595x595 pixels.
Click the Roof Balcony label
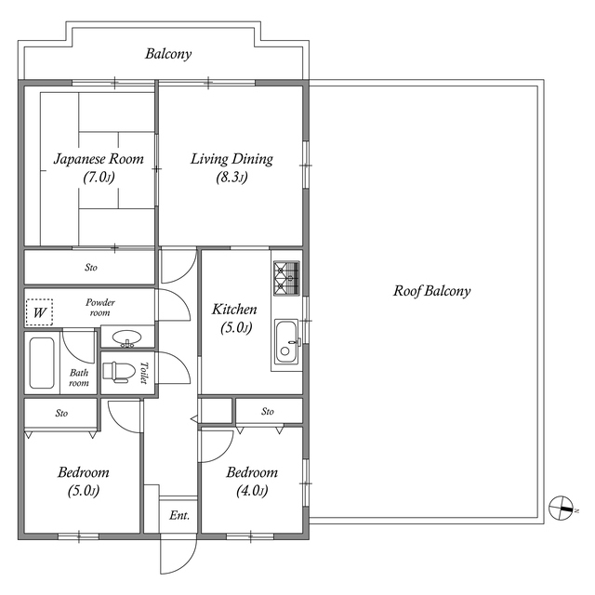(x=431, y=291)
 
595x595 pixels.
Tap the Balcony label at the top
(x=168, y=54)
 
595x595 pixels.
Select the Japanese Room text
(x=99, y=159)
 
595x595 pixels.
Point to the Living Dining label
(x=231, y=159)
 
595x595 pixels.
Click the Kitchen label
(x=234, y=310)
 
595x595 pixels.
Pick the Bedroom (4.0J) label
(x=252, y=472)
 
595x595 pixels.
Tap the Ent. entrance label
(x=179, y=515)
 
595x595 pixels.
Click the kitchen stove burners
(x=286, y=273)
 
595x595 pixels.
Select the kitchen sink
(x=285, y=343)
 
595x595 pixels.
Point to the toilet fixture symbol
(x=117, y=371)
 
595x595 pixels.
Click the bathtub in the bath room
(x=42, y=363)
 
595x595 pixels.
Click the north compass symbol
(x=561, y=508)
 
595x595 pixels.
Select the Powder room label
(x=99, y=308)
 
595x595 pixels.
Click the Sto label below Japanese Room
(x=91, y=268)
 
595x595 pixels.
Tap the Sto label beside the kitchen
(x=268, y=410)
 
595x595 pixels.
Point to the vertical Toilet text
(x=145, y=372)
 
